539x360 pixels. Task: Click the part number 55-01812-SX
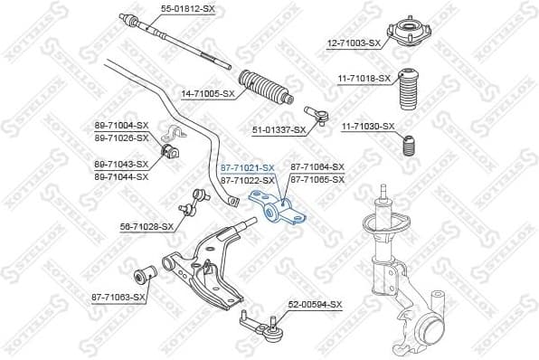(188, 8)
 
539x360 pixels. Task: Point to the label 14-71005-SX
(208, 92)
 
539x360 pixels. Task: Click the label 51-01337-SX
(279, 130)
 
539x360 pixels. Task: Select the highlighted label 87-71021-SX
(247, 167)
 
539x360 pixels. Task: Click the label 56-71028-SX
(146, 226)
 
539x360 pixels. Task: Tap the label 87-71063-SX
(118, 296)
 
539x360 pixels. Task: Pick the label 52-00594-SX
(316, 305)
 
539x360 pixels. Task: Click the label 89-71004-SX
(120, 125)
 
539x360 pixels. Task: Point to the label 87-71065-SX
(317, 180)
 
